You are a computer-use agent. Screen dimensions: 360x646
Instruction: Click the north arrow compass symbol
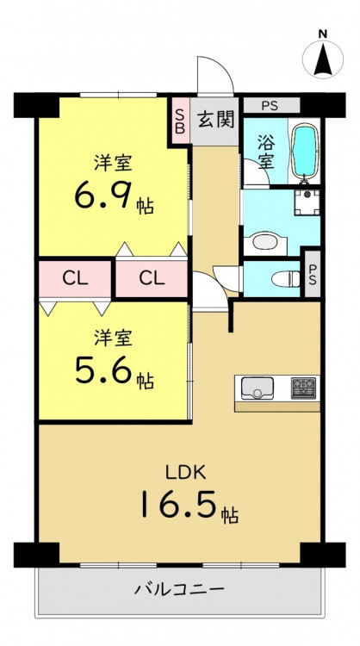(322, 59)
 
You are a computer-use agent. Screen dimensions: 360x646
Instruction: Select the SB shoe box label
(180, 120)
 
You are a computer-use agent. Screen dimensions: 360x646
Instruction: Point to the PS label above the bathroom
(270, 106)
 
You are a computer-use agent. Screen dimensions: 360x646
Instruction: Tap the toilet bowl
(286, 278)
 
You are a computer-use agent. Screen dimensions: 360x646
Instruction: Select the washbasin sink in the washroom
(265, 242)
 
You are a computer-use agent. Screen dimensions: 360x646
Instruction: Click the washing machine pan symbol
(307, 202)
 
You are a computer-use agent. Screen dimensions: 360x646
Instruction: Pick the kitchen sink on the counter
(258, 388)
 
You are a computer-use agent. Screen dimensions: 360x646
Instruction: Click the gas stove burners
(303, 388)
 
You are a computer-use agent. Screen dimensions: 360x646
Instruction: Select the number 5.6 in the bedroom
(103, 370)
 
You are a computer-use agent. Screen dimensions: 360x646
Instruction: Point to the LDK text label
(185, 473)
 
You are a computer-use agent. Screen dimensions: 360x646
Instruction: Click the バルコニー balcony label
(180, 589)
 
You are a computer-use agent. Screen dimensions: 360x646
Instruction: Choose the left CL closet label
(76, 279)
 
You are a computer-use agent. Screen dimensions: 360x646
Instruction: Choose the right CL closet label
(152, 279)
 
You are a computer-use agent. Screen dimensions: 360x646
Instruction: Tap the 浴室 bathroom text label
(266, 152)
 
